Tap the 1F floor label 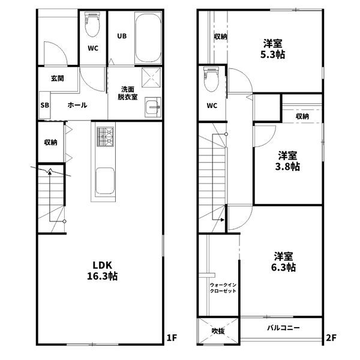coord(172,337)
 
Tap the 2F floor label coord(331,337)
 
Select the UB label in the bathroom coord(121,36)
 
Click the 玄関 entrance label coord(58,78)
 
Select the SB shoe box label coord(44,105)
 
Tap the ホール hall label coord(77,105)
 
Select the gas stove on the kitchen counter coord(106,139)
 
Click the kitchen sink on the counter coord(105,179)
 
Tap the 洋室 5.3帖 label coord(273,49)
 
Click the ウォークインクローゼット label coord(223,287)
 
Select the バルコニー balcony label coord(284,328)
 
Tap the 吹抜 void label coord(217,331)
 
